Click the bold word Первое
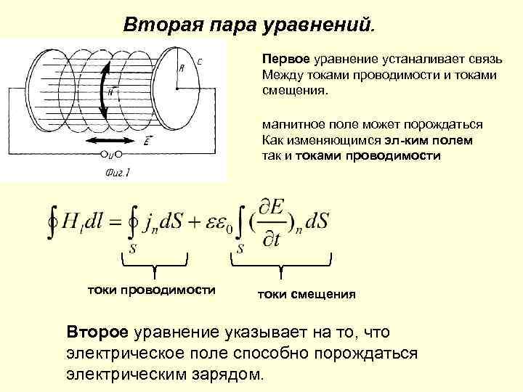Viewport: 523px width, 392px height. tap(286, 58)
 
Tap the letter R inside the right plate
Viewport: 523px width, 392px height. tap(181, 68)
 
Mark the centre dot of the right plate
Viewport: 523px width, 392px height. tap(176, 88)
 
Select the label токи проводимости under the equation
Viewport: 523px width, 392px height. tap(152, 290)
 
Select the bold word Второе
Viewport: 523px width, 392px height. tap(97, 332)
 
